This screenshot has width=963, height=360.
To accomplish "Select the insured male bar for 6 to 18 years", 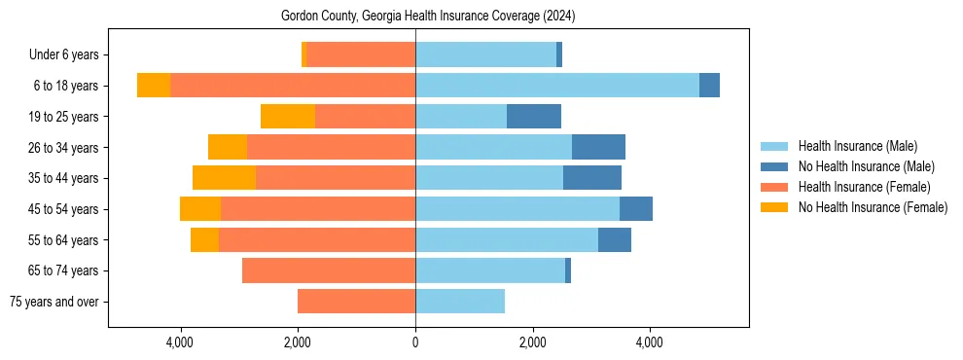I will [556, 86].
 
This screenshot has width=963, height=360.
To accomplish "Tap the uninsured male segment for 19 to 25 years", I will [534, 117].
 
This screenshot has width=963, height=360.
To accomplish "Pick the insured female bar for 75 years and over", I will [356, 302].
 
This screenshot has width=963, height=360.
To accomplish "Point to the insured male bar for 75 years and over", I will [460, 302].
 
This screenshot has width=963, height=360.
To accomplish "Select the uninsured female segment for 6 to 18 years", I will [154, 86].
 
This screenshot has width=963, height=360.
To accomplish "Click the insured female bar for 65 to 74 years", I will [329, 270].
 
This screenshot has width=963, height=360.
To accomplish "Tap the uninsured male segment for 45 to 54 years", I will [636, 209].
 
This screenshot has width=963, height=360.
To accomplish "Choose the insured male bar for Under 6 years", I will [485, 54].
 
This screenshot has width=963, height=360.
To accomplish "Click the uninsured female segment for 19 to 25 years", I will [288, 117].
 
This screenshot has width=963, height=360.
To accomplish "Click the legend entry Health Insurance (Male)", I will [857, 146].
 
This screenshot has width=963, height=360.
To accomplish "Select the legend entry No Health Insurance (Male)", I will [866, 166].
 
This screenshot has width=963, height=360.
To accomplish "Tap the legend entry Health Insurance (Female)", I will [864, 187].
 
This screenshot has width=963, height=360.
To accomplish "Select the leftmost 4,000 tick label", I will [181, 342].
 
